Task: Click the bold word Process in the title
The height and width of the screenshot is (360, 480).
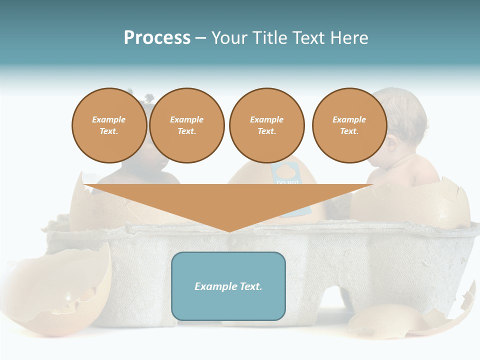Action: (157, 38)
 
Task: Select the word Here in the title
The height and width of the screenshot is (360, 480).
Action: (348, 38)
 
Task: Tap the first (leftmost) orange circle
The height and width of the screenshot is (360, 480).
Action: (109, 125)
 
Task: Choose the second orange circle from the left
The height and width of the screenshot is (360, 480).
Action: (186, 125)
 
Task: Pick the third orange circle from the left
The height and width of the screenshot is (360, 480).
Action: (266, 125)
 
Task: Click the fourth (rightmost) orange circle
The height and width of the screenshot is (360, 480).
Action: (349, 125)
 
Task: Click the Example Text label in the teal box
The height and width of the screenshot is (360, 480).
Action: (228, 286)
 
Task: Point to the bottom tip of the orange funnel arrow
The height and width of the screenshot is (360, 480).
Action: (229, 231)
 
